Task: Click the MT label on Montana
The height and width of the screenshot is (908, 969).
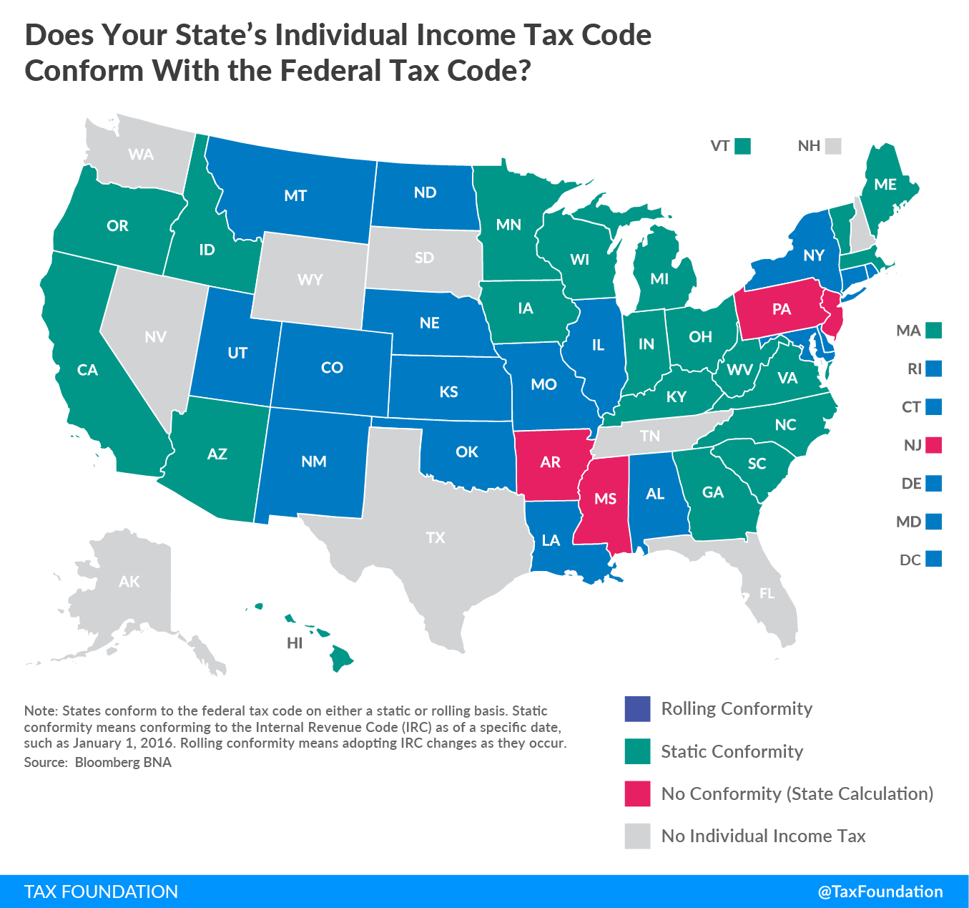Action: (295, 195)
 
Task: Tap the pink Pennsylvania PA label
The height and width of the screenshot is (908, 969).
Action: (782, 309)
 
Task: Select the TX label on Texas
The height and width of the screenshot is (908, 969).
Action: (435, 537)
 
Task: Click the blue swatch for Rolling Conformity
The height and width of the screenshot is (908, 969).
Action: (637, 709)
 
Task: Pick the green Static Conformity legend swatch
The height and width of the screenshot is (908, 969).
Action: (637, 751)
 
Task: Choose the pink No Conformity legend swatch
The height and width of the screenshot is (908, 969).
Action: (637, 794)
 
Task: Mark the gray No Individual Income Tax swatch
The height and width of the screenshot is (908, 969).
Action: (637, 836)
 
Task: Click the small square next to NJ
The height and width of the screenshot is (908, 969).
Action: (933, 445)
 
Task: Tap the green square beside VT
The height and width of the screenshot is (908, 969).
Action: (743, 146)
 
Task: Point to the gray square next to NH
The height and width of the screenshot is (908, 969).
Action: (832, 146)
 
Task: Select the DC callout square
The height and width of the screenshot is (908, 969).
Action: (933, 559)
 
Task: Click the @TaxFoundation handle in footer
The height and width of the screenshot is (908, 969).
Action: (880, 892)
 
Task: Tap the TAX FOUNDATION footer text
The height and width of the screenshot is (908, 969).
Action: (101, 892)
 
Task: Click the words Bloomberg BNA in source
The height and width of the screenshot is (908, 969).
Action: (123, 762)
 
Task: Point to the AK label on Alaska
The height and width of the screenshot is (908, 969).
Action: (129, 582)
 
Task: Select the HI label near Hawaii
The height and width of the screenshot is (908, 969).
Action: (295, 643)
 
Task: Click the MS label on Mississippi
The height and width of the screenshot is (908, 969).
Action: (605, 499)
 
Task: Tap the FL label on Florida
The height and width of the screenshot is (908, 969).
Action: (767, 594)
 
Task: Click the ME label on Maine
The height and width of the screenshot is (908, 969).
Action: (885, 185)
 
